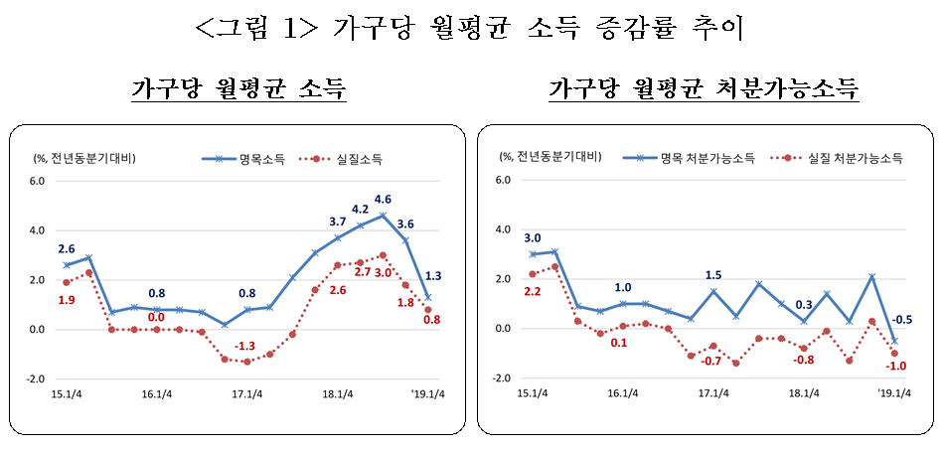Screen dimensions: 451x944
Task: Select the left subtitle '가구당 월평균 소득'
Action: (238, 89)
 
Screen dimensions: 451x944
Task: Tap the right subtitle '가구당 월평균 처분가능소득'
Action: (704, 89)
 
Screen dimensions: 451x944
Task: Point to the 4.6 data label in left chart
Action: (383, 199)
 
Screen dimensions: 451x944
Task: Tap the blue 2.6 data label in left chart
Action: (67, 248)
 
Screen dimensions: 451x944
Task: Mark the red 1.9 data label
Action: (67, 300)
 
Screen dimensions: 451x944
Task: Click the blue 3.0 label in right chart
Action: (532, 238)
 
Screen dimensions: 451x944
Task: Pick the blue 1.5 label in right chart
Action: (712, 275)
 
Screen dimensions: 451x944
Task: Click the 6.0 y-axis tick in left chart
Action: (37, 181)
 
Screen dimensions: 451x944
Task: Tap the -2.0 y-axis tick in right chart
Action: (502, 378)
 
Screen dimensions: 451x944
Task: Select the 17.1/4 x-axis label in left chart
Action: (246, 393)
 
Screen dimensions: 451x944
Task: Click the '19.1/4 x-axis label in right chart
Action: (893, 392)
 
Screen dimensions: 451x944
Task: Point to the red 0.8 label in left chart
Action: (433, 320)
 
